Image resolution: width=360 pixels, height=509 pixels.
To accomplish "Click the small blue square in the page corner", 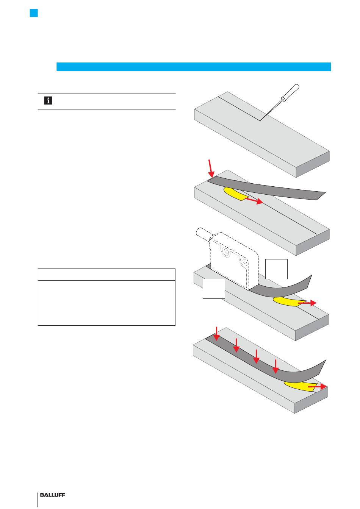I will pos(34,13).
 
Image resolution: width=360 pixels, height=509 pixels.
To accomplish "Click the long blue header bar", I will pos(193,67).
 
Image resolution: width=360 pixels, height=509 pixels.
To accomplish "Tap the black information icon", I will pos(48,101).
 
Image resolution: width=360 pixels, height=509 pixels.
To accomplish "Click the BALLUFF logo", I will pos(55,495).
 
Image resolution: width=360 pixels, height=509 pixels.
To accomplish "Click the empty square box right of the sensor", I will pos(276,269).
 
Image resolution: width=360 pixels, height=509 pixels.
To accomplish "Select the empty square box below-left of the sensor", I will pos(214,289).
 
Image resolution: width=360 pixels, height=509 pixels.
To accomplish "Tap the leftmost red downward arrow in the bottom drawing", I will pos(216,333).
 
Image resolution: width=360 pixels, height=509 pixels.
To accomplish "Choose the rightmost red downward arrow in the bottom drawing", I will pos(275,367).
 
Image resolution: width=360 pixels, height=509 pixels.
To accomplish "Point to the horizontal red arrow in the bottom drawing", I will pos(318,387).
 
